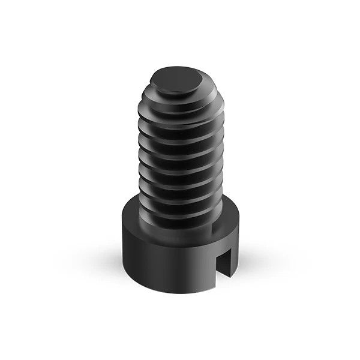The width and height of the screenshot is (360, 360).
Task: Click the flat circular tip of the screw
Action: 176,79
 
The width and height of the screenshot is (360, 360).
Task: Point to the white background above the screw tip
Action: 177,36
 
